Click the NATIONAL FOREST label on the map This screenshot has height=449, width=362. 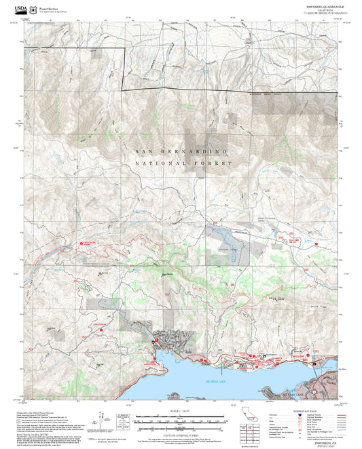[x=183, y=163]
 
